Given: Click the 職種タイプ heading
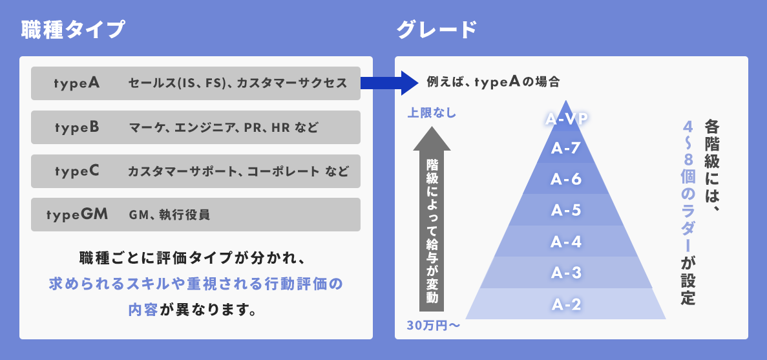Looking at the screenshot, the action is pyautogui.click(x=74, y=30).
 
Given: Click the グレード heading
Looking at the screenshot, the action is pyautogui.click(x=436, y=30).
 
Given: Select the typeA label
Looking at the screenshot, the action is pyautogui.click(x=77, y=83).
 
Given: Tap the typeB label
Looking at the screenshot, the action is pyautogui.click(x=77, y=127).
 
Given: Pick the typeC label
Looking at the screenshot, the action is pyautogui.click(x=77, y=171).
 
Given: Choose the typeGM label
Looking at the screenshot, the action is pyautogui.click(x=78, y=214).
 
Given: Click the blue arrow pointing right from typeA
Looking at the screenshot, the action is pyautogui.click(x=390, y=83).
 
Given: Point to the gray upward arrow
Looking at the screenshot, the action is pyautogui.click(x=432, y=218).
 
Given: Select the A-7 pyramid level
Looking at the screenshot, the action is pyautogui.click(x=566, y=147).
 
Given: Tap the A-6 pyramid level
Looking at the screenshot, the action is pyautogui.click(x=566, y=179).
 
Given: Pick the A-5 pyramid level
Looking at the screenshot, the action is pyautogui.click(x=566, y=210).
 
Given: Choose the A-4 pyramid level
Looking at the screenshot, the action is pyautogui.click(x=566, y=241).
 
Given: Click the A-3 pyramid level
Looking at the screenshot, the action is pyautogui.click(x=566, y=273).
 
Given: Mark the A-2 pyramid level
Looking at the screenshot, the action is pyautogui.click(x=566, y=304).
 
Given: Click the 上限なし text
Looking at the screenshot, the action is pyautogui.click(x=432, y=114).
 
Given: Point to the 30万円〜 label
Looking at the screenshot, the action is pyautogui.click(x=434, y=326).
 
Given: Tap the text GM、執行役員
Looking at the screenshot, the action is pyautogui.click(x=169, y=215).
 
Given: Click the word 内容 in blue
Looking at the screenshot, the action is pyautogui.click(x=143, y=310).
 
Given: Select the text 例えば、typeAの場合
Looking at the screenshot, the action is pyautogui.click(x=492, y=81).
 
